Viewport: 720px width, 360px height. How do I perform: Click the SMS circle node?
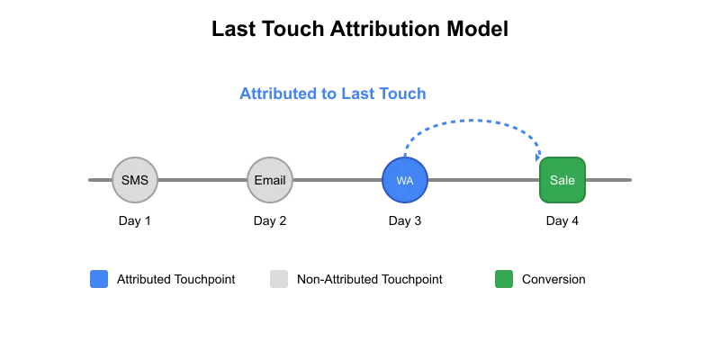click(x=135, y=180)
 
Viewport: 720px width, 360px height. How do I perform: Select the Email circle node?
click(x=270, y=180)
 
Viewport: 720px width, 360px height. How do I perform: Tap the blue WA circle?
click(x=405, y=180)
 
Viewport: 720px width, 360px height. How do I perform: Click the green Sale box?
click(x=562, y=180)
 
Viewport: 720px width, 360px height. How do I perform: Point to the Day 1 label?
click(x=135, y=220)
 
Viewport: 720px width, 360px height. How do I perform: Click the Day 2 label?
click(x=270, y=220)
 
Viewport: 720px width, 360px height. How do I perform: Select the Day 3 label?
click(x=405, y=220)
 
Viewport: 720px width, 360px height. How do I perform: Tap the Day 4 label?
click(x=562, y=220)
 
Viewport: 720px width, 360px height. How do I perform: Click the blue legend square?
click(x=99, y=279)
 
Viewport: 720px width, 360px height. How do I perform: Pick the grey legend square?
click(x=279, y=279)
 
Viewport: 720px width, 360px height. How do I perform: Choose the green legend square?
click(x=504, y=279)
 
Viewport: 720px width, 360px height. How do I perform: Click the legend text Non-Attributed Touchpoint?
click(x=370, y=279)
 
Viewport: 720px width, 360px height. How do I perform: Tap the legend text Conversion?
click(x=553, y=279)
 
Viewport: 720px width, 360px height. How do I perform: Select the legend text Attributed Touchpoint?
click(x=176, y=279)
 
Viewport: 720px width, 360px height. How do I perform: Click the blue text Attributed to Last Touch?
click(x=333, y=94)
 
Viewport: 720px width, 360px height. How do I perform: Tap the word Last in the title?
click(x=234, y=29)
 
